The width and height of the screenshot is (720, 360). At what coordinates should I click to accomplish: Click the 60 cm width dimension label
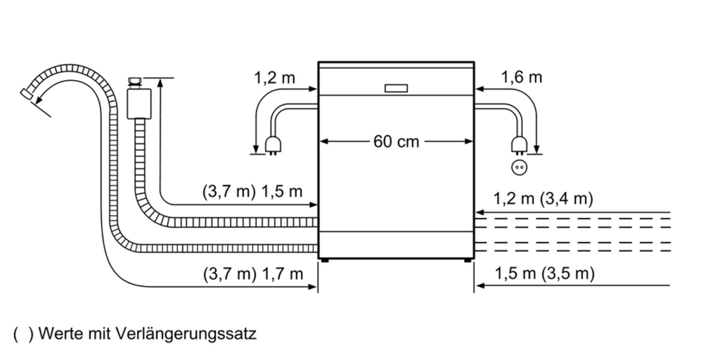point(396,141)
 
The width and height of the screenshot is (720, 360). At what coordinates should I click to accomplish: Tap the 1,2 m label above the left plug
point(274,77)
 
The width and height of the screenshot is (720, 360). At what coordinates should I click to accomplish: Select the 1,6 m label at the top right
point(522,77)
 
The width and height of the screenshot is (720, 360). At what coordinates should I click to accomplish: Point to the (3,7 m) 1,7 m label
point(252,274)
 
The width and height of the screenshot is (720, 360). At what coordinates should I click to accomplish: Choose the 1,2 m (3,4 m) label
point(544,199)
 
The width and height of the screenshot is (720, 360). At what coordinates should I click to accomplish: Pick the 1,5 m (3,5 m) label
point(544,274)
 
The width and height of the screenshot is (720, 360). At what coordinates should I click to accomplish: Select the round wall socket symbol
point(520,168)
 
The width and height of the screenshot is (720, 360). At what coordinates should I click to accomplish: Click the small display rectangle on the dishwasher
point(397,89)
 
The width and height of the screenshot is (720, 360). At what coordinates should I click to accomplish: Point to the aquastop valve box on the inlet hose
point(139,101)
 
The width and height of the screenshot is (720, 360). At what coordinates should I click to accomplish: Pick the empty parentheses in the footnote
point(22,333)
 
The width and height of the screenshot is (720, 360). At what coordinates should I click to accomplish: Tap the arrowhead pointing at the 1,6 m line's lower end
point(536,149)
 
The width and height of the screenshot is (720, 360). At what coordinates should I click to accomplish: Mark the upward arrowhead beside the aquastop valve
point(161,84)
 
